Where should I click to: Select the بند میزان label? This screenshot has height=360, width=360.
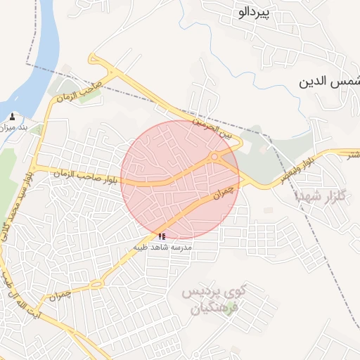(x=13, y=127)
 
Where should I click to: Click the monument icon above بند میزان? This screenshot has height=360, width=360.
(x=13, y=116)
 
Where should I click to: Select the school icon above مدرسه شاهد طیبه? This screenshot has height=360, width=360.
(x=162, y=237)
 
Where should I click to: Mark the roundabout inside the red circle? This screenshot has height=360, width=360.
(x=214, y=157)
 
